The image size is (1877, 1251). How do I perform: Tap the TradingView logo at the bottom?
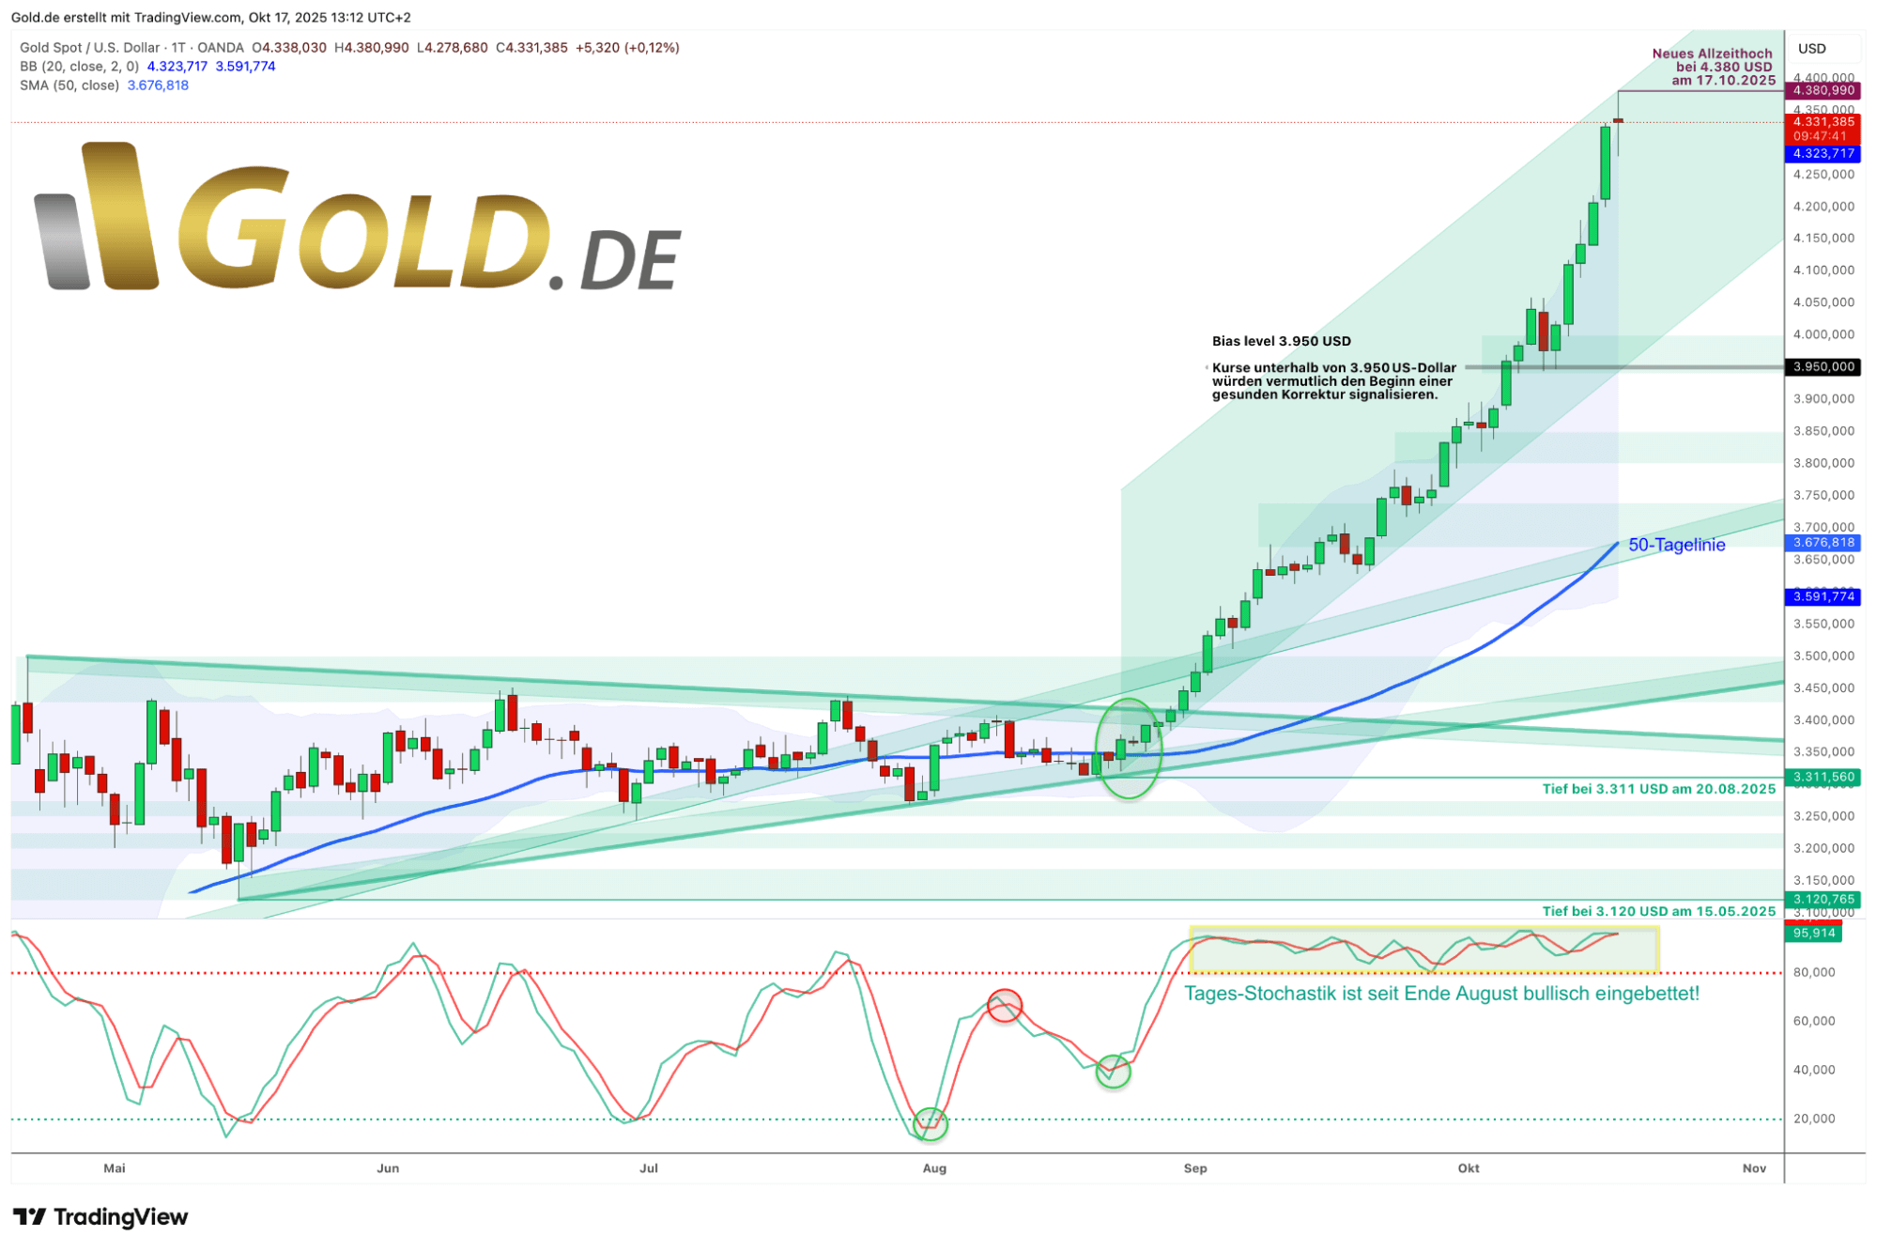click(101, 1217)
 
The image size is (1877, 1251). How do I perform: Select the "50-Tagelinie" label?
click(1676, 545)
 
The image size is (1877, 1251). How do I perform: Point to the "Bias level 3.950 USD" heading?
click(1281, 341)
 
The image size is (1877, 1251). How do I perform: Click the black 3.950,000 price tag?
click(1823, 366)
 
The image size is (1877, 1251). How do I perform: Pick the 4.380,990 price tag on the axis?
click(1823, 90)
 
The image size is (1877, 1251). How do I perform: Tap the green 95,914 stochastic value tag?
click(1813, 933)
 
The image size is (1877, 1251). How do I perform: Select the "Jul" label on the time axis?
click(648, 1168)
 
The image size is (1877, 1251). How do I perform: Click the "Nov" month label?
click(1754, 1168)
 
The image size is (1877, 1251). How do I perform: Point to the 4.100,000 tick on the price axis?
click(1823, 270)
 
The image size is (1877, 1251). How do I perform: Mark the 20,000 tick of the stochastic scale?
click(1814, 1119)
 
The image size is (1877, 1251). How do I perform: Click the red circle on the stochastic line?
click(1005, 1006)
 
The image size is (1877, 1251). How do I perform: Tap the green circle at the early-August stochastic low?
click(931, 1122)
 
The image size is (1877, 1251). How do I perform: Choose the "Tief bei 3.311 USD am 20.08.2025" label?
click(1658, 789)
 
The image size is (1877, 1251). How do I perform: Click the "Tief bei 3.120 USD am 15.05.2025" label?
click(1658, 911)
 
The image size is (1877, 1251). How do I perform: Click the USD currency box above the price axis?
click(1813, 49)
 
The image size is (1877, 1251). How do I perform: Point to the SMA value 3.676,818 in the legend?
click(158, 85)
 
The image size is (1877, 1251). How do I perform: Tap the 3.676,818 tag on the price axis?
click(1823, 543)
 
